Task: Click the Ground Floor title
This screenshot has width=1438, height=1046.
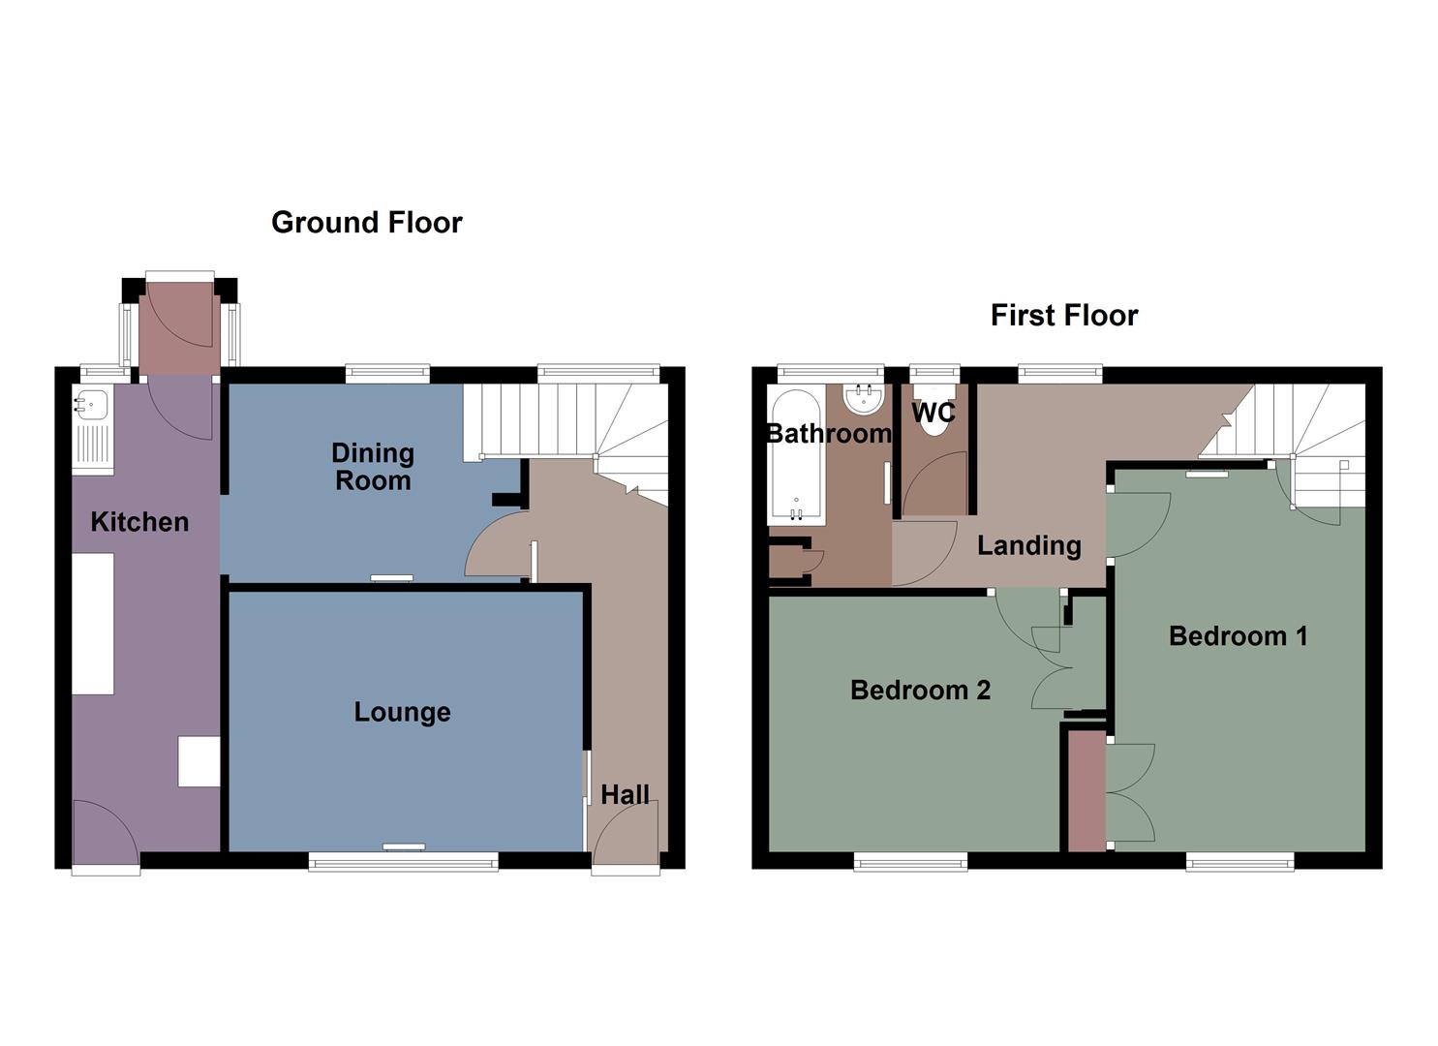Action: (366, 223)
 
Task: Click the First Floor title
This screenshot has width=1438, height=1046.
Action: (1063, 316)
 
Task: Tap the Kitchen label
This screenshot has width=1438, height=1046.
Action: (139, 522)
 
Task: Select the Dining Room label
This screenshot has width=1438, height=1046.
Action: (373, 467)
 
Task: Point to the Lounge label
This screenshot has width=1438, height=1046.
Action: (402, 713)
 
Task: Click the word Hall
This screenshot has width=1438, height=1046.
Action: (625, 795)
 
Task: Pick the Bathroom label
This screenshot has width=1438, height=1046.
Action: (828, 434)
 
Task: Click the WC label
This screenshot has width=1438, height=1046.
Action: (933, 414)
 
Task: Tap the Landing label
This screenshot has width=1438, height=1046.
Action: (1028, 546)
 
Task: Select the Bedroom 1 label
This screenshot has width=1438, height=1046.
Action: (1238, 636)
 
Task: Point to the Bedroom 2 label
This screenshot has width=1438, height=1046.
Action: (920, 691)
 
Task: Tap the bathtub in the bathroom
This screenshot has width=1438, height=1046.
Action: (796, 455)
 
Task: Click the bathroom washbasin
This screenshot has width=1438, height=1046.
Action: (863, 398)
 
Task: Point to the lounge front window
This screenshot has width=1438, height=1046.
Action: (403, 861)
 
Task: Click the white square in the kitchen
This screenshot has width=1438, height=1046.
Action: (199, 761)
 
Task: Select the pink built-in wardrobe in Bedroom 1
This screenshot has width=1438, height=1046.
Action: (1086, 790)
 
